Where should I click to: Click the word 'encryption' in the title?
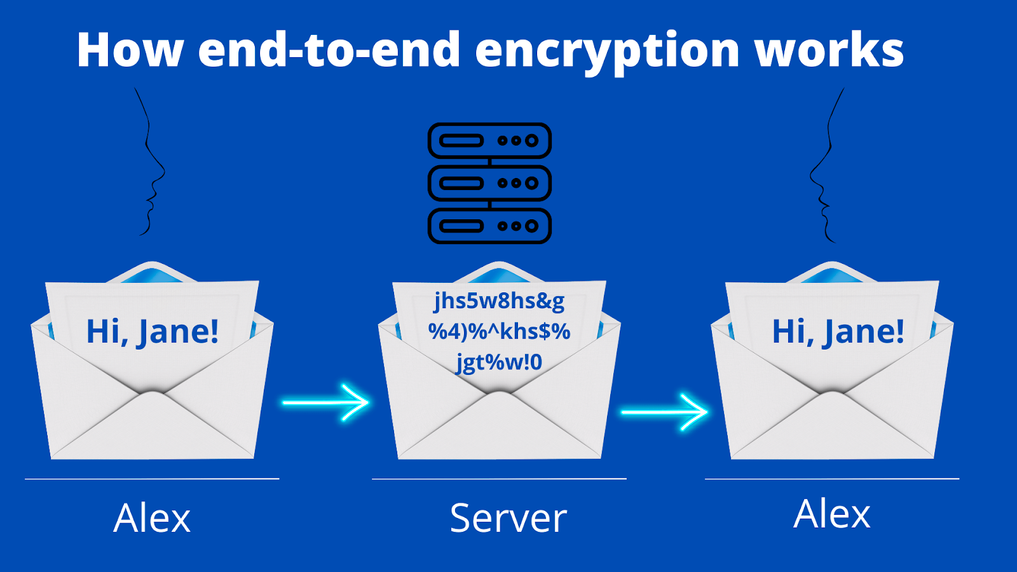[608, 51]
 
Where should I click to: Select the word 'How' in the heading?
[130, 51]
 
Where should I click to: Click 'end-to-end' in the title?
[329, 51]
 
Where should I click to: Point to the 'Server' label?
[508, 518]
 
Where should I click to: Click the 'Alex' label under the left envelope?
[152, 518]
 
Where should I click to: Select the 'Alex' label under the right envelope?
[832, 514]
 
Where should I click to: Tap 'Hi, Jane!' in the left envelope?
[153, 332]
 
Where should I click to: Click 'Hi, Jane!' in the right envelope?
[838, 332]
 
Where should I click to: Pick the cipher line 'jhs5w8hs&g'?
[499, 301]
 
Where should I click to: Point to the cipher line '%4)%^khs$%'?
[499, 331]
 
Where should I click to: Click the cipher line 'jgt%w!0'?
[499, 362]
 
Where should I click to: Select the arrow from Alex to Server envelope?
[325, 402]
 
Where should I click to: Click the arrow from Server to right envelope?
[664, 412]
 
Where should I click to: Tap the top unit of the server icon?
[489, 140]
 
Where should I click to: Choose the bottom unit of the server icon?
[489, 226]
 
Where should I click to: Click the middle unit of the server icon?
[489, 183]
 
